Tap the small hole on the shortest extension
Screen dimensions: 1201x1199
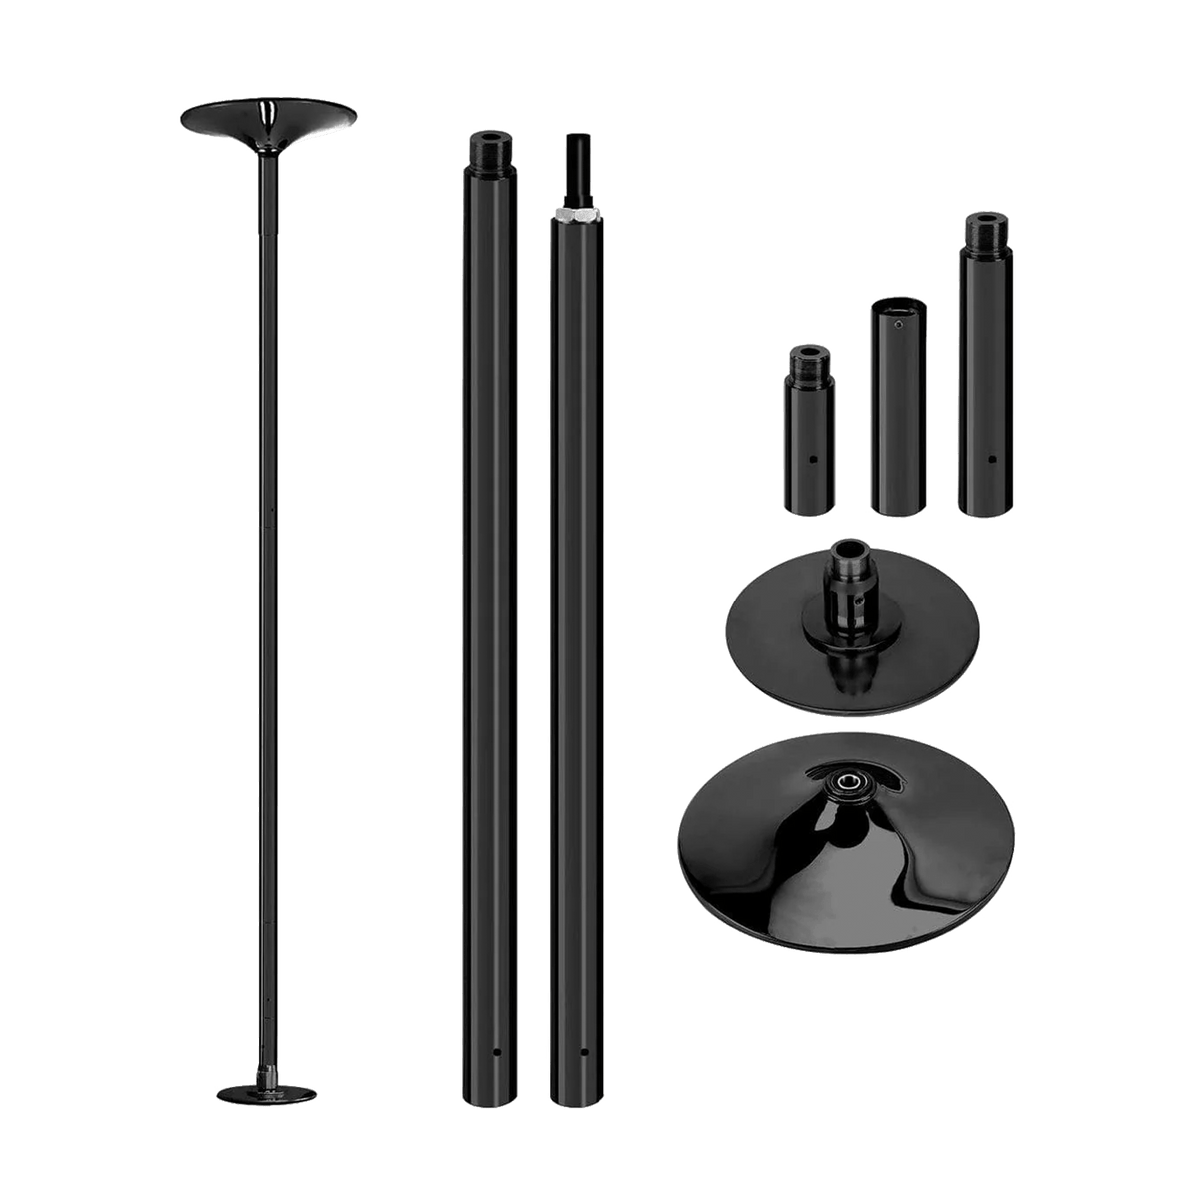click(815, 460)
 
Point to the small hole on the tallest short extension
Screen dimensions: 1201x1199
click(991, 460)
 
